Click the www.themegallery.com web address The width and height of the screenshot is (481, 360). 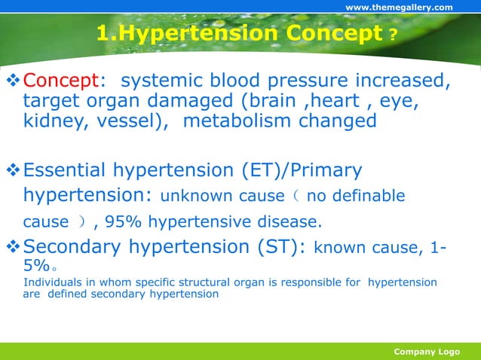399,8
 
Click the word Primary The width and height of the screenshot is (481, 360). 326,171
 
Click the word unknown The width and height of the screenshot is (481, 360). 195,197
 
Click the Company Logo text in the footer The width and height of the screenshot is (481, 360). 427,352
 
